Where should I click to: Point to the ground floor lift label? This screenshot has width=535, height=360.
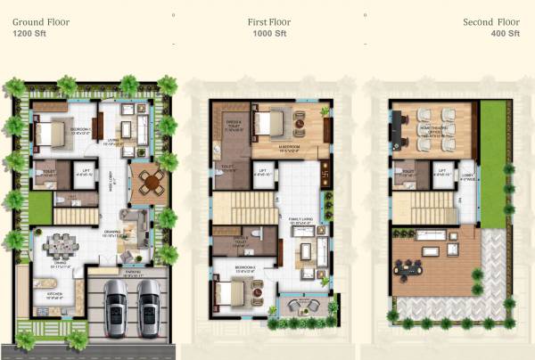[83, 174]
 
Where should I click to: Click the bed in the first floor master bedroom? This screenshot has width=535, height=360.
[268, 124]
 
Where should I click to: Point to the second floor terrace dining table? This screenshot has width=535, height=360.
[413, 265]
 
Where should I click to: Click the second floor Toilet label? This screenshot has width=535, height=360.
[407, 173]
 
